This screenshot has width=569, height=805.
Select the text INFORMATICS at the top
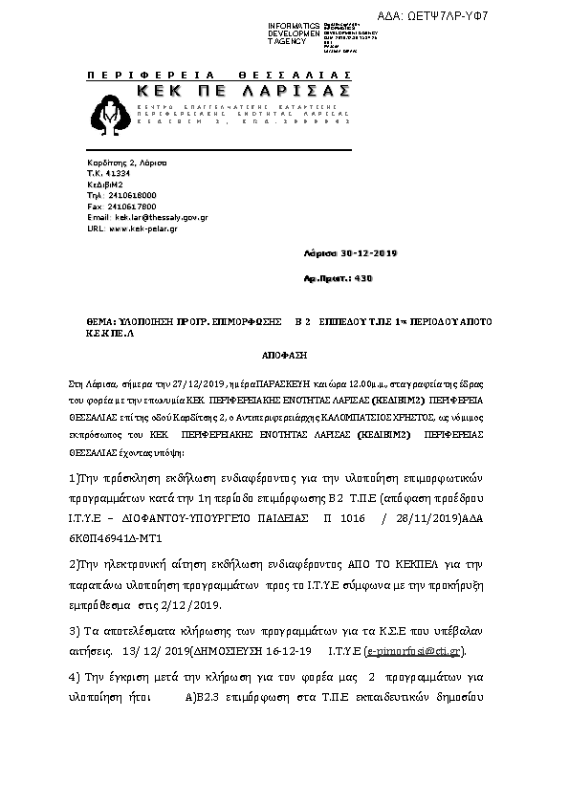coord(294,24)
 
